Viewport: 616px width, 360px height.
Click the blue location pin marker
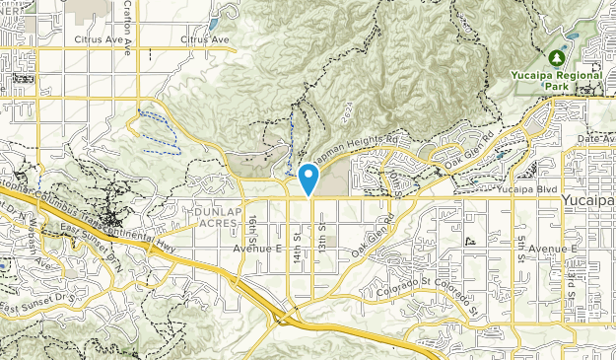(308, 179)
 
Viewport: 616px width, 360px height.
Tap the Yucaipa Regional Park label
(559, 80)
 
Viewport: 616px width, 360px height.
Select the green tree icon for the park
(569, 57)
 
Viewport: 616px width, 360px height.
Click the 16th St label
(253, 227)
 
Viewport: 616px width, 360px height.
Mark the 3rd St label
(571, 283)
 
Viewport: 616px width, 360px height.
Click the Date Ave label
(595, 139)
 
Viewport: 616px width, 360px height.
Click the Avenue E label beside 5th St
(551, 249)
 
